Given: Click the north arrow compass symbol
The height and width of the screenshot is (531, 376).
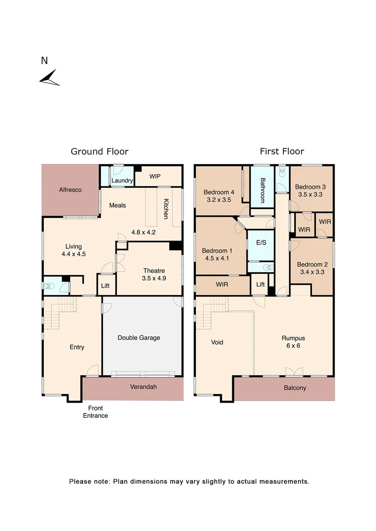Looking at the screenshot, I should (50, 78).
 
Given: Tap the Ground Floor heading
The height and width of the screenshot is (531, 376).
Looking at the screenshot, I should (99, 151).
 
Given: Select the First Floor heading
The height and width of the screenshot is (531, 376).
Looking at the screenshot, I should (282, 151).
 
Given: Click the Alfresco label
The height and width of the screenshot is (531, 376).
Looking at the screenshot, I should (70, 190).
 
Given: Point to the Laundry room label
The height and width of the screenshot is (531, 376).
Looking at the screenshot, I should (122, 180).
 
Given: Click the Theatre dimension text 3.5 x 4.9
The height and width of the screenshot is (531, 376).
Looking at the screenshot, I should (155, 279).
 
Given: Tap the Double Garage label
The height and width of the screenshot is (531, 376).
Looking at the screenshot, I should (139, 338).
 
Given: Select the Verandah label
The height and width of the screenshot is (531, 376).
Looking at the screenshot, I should (143, 387).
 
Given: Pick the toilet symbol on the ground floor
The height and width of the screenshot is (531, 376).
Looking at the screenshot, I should (50, 285).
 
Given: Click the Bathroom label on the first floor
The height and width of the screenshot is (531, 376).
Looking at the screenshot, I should (262, 190).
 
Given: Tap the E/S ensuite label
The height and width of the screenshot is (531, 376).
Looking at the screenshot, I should (260, 243).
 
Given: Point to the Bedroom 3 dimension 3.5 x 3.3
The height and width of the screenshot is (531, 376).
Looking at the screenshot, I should (310, 195).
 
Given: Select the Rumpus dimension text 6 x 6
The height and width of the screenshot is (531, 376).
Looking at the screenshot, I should (293, 346).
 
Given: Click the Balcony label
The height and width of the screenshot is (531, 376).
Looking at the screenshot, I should (295, 388).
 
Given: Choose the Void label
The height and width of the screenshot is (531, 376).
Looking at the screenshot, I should (217, 342).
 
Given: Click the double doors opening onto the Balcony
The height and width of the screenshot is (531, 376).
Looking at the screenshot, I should (293, 372).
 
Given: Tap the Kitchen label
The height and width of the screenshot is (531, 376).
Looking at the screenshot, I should (166, 208).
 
